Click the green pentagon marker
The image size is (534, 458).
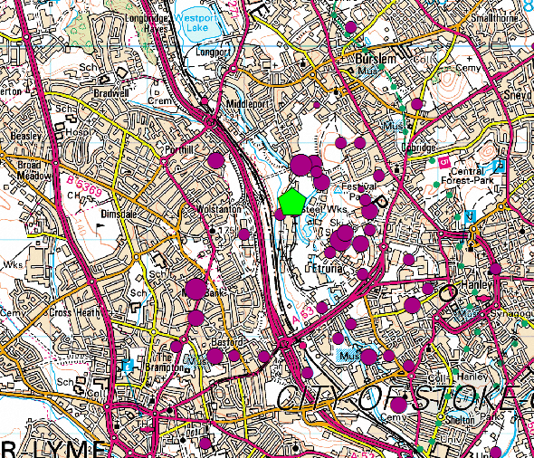[x=291, y=203]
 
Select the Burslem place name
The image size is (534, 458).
[x=377, y=60]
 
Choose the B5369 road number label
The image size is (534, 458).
[x=83, y=186]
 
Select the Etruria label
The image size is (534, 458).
[x=323, y=269]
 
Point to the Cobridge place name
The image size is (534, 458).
[x=420, y=148]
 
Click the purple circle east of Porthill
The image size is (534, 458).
[x=215, y=161]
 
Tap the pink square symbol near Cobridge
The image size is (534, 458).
[x=444, y=163]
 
